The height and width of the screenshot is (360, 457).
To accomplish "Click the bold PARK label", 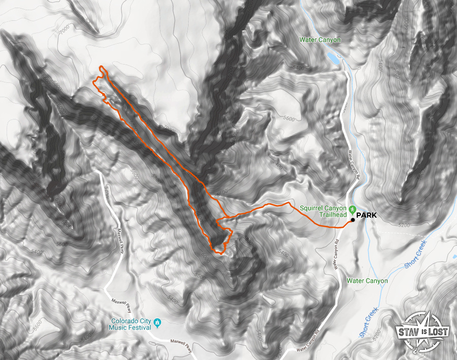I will [367, 216].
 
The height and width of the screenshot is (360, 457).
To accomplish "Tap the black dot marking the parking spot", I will [353, 220].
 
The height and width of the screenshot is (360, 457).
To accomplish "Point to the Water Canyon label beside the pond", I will [320, 39].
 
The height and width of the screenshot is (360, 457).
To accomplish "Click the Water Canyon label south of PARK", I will [367, 281].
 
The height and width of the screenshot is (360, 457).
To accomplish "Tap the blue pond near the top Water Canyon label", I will [333, 57].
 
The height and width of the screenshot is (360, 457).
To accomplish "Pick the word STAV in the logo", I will [408, 334].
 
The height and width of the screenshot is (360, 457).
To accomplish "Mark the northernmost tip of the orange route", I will [102, 67].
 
